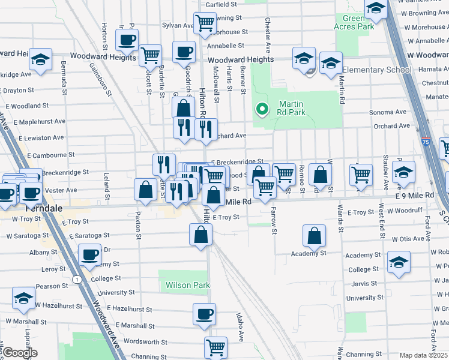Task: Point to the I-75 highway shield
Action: tap(426, 142)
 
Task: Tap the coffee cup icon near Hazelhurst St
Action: tap(204, 313)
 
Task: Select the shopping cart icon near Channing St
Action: tap(215, 346)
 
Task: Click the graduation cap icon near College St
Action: tap(399, 262)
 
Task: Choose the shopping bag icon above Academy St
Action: tap(314, 236)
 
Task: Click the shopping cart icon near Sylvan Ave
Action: tap(205, 23)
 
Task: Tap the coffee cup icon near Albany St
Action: tap(91, 254)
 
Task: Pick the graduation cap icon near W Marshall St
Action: tap(23, 298)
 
